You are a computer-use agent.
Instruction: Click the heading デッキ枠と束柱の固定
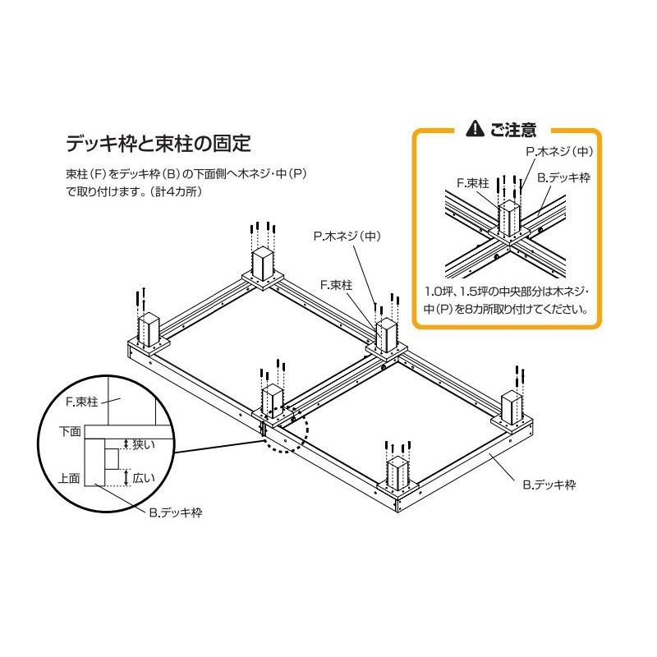157,143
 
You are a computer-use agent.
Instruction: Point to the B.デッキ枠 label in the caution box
563,177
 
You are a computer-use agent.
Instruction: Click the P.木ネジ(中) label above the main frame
348,236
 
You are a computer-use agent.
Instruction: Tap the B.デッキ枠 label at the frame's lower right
549,485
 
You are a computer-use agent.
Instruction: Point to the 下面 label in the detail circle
70,430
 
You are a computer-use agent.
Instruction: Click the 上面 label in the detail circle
70,477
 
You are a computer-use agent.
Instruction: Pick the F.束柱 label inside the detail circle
81,402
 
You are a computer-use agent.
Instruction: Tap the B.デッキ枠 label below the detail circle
176,512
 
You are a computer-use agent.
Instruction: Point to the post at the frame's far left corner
148,330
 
